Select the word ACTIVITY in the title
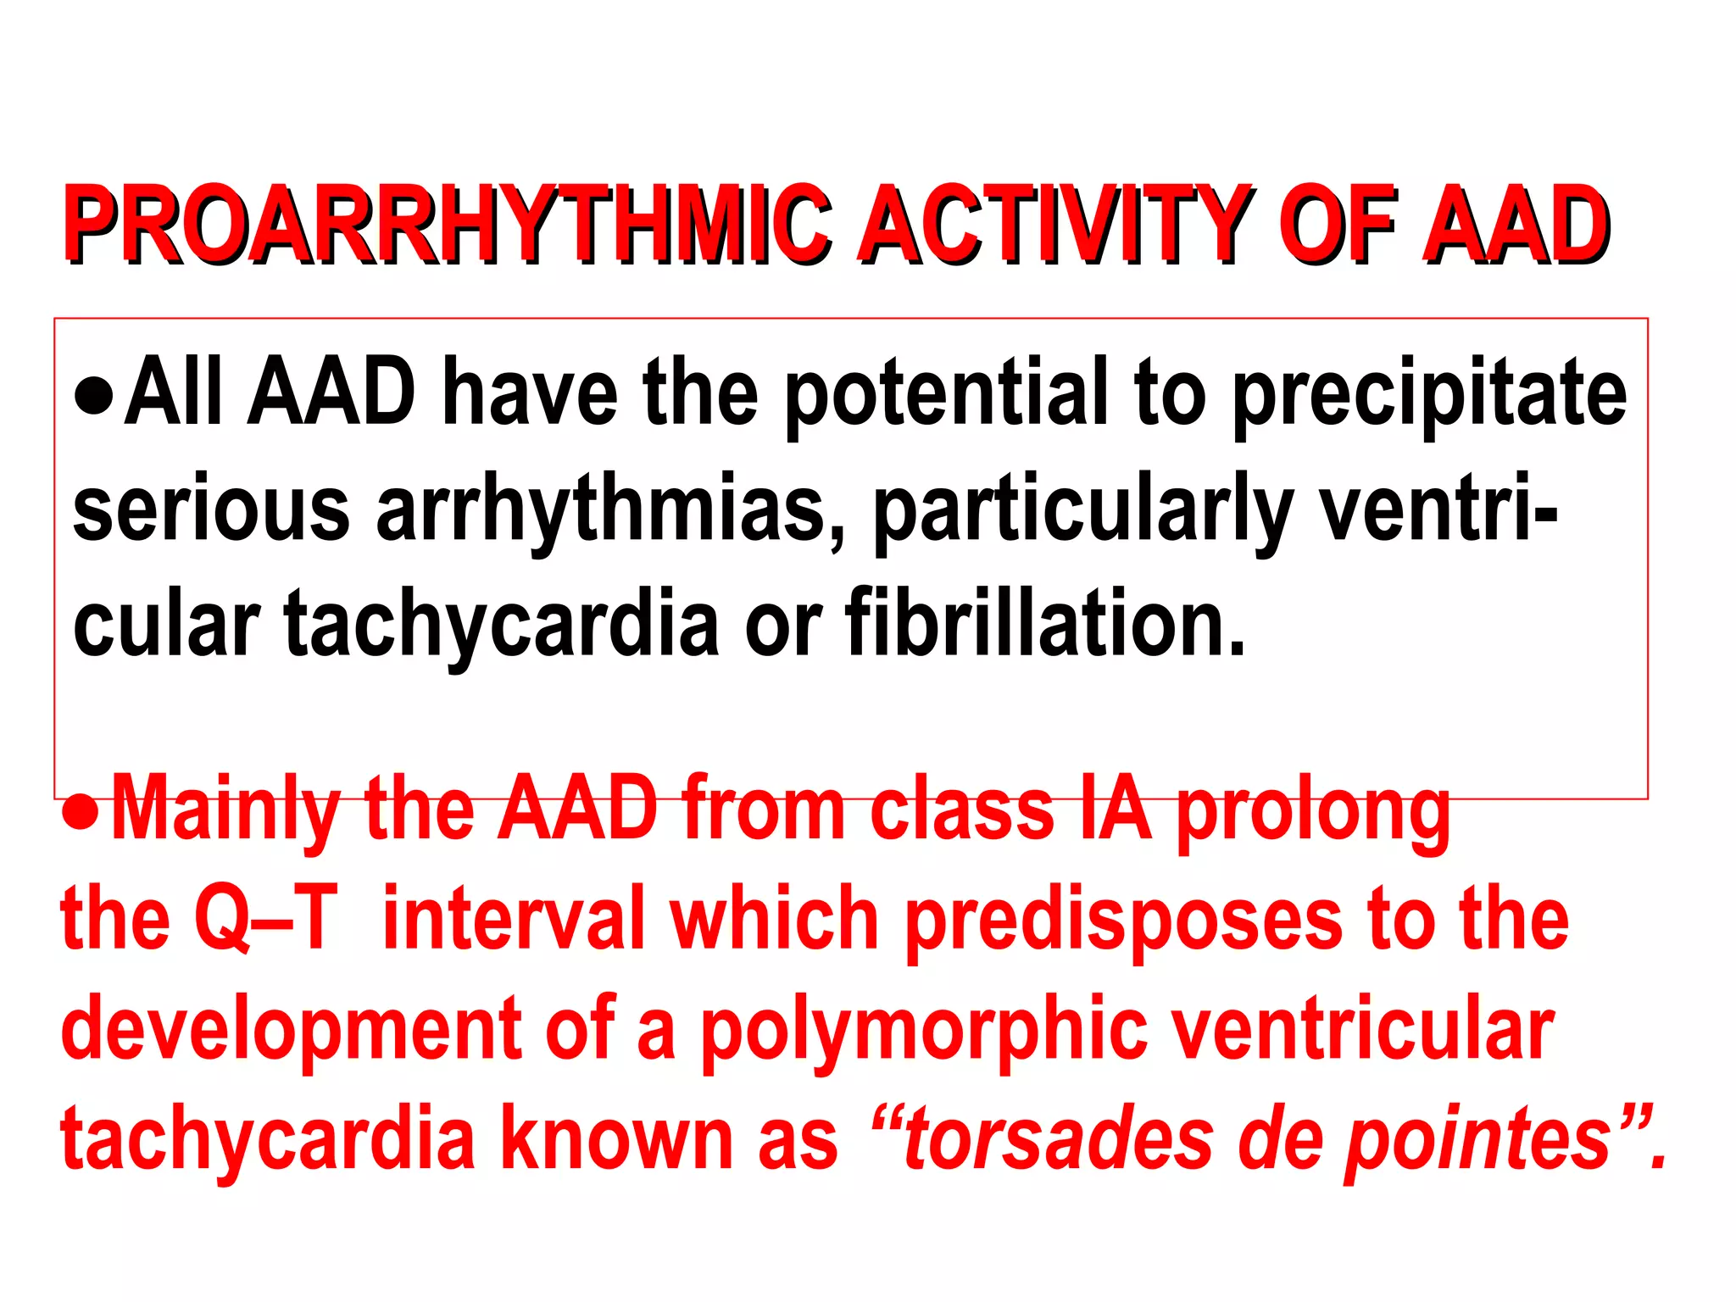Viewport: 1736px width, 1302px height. pos(1054,225)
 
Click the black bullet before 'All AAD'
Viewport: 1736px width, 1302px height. pos(93,396)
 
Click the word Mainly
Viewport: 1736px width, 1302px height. pos(225,810)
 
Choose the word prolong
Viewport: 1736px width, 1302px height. pos(1314,810)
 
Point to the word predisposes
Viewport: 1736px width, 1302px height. pos(1124,920)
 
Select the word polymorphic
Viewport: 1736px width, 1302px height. pos(923,1030)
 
